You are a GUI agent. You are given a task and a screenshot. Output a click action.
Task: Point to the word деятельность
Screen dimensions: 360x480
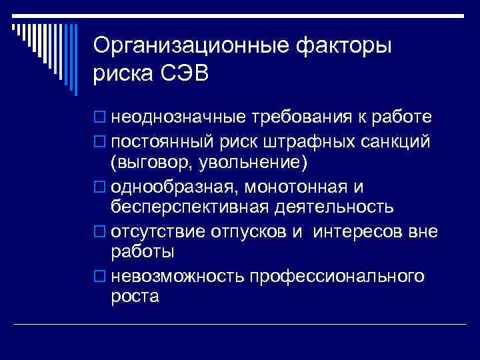[x=332, y=207]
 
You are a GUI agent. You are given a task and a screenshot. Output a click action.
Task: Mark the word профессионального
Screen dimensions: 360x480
[x=337, y=275]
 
